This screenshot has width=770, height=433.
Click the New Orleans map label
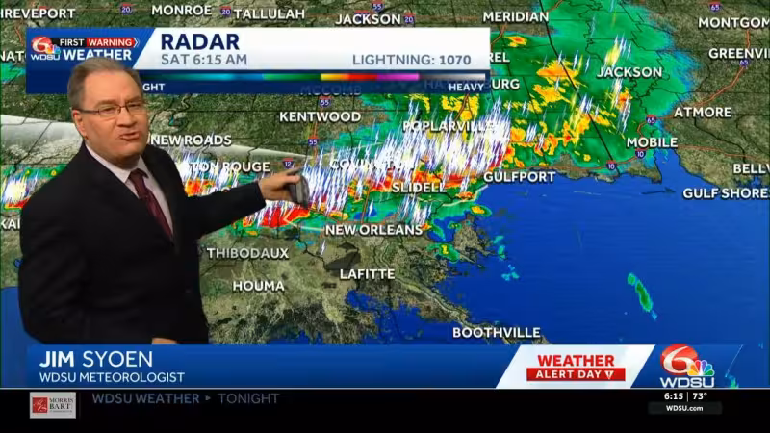pyautogui.click(x=373, y=230)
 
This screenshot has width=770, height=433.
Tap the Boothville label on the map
pyautogui.click(x=496, y=333)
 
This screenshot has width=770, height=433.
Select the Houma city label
pyautogui.click(x=258, y=286)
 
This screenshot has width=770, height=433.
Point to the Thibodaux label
pyautogui.click(x=247, y=253)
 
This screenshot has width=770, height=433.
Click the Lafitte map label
pyautogui.click(x=367, y=274)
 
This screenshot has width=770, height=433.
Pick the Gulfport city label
pyautogui.click(x=519, y=177)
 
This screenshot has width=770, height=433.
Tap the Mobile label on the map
pyautogui.click(x=652, y=142)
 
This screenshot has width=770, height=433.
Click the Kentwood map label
pyautogui.click(x=320, y=116)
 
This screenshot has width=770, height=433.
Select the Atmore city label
pyautogui.click(x=702, y=112)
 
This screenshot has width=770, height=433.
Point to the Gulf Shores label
pyautogui.click(x=725, y=193)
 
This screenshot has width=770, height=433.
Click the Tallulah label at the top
pyautogui.click(x=269, y=13)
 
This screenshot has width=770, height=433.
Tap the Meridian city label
pyautogui.click(x=515, y=16)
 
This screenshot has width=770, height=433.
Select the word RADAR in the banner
pyautogui.click(x=199, y=40)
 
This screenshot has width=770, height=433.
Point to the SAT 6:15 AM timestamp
pyautogui.click(x=203, y=60)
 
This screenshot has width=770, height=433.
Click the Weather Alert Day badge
pyautogui.click(x=575, y=367)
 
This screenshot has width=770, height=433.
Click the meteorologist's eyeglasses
pyautogui.click(x=114, y=110)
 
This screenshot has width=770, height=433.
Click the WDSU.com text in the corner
pyautogui.click(x=685, y=408)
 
